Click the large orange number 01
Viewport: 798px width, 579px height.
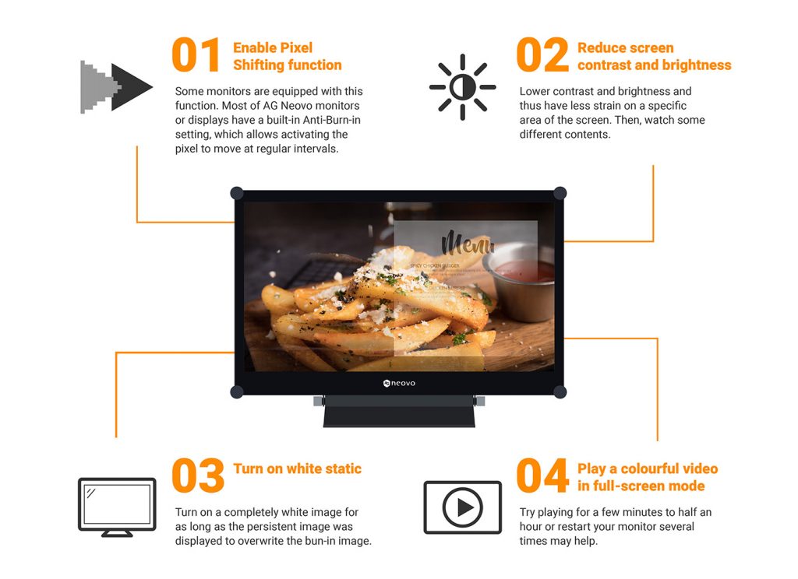tap(196, 55)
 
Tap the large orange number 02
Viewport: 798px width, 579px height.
tap(542, 55)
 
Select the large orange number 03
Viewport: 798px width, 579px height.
tap(198, 476)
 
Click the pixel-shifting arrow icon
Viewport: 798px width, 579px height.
tap(116, 87)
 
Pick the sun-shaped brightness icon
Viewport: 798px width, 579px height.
tap(462, 87)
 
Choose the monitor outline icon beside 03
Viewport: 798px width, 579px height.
tap(117, 507)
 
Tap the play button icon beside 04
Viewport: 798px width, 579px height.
tap(462, 507)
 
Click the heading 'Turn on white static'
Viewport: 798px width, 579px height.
tap(297, 468)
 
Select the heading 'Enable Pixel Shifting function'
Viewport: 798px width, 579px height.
tap(287, 56)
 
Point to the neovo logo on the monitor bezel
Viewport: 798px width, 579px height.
tap(399, 383)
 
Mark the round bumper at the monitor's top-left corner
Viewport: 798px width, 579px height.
tap(237, 193)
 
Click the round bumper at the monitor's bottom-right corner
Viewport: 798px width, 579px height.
tap(560, 391)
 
